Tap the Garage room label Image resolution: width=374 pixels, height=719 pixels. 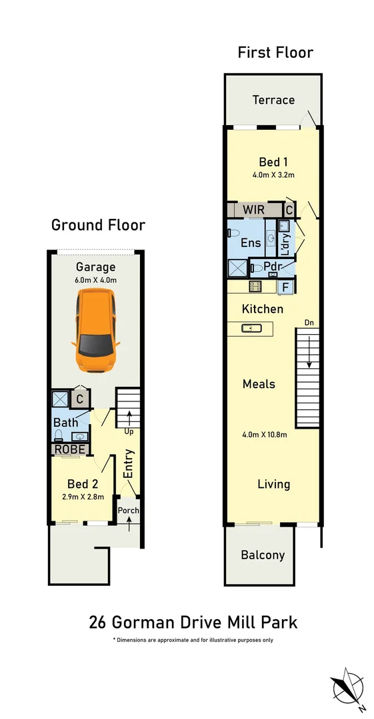point(95,268)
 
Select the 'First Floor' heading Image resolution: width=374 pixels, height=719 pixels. point(275,53)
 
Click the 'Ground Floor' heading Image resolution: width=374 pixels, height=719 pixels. point(98,225)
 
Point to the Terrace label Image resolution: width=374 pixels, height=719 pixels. point(273,100)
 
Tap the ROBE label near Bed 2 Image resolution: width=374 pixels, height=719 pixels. point(70,449)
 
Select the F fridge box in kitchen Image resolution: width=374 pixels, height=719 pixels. point(286,287)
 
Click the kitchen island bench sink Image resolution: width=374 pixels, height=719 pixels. point(249,328)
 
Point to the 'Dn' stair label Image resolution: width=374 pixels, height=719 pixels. point(309,323)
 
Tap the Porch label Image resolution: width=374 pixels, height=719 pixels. point(129,511)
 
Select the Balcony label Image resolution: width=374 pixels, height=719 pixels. point(263,555)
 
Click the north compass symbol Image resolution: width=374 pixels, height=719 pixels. point(348,686)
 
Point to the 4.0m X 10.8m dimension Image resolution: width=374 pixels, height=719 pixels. point(264,435)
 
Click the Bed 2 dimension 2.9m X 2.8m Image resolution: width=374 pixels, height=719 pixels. point(82,497)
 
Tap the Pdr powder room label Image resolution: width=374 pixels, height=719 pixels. point(272,266)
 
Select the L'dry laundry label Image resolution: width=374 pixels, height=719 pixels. point(285,244)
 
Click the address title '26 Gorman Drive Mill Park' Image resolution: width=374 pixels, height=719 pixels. point(193,622)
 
